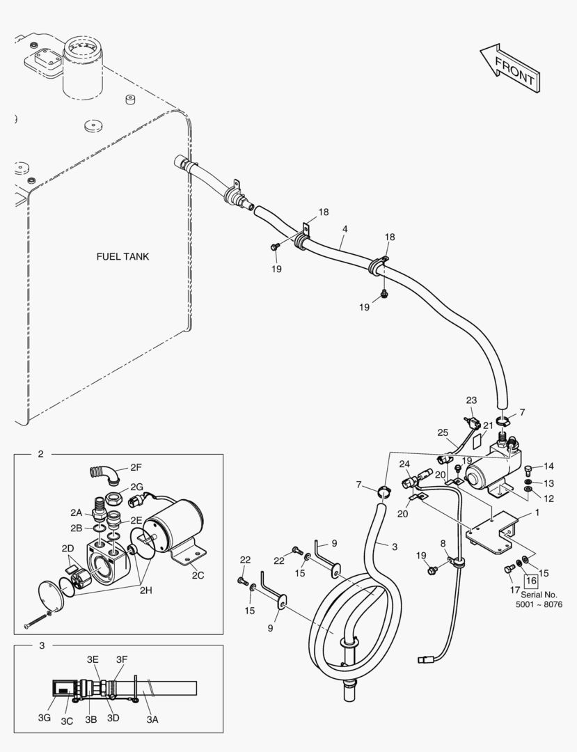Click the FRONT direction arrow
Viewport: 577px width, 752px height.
pos(510,67)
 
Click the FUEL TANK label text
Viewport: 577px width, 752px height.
pos(122,256)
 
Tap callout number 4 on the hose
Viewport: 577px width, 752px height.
pos(345,229)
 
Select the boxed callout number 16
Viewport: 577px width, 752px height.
pos(531,581)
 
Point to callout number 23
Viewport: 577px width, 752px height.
pos(472,400)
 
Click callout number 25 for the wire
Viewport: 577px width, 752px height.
pos(443,432)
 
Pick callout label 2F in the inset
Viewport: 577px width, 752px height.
pos(136,468)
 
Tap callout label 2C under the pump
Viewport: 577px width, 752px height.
pos(198,576)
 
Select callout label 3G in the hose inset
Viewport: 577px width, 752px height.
pos(45,718)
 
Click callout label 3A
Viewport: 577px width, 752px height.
pos(152,719)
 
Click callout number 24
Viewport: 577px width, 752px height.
pos(405,464)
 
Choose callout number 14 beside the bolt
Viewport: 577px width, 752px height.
pos(548,466)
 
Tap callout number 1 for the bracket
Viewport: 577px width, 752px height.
pos(537,512)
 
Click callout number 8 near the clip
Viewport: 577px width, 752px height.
pos(443,543)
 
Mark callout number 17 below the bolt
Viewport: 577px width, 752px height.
pos(514,590)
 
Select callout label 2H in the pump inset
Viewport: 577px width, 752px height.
pos(145,591)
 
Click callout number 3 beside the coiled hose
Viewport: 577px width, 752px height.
pos(395,547)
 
